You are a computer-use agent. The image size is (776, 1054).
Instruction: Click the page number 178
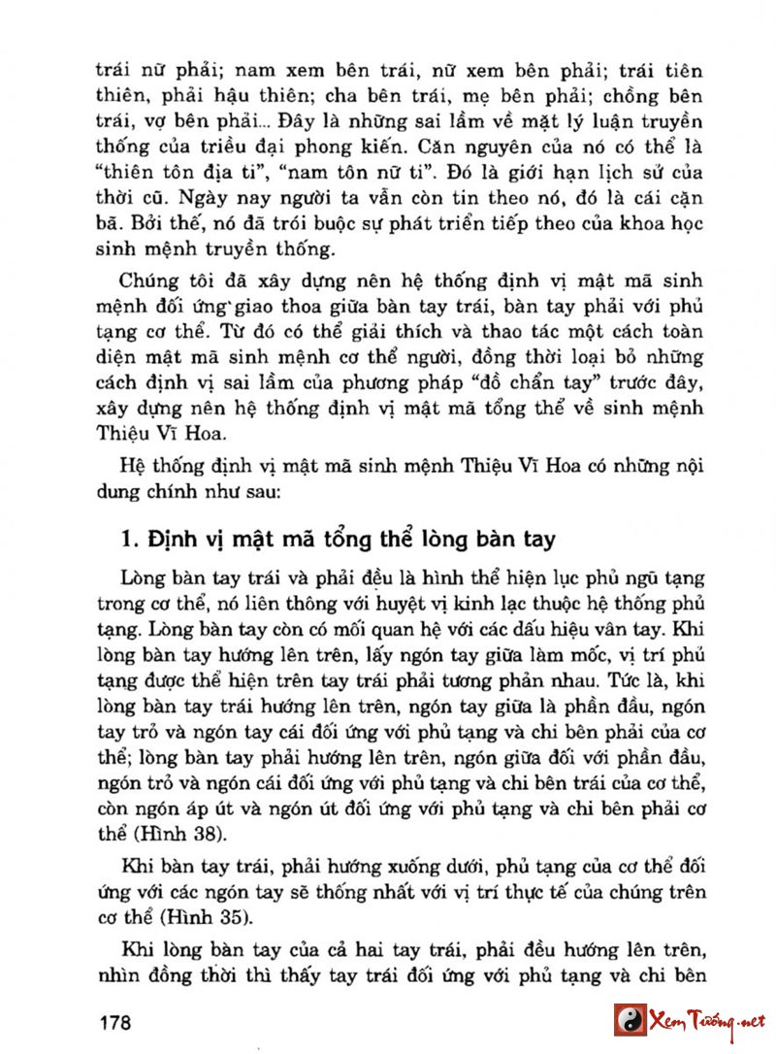pyautogui.click(x=114, y=1022)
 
